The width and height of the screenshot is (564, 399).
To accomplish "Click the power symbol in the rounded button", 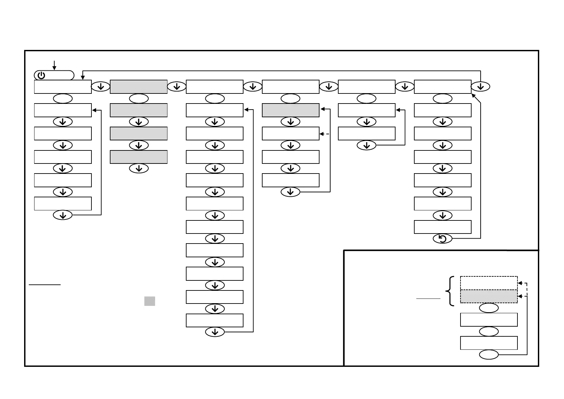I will (41, 75).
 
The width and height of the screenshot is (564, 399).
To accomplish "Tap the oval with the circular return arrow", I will (442, 239).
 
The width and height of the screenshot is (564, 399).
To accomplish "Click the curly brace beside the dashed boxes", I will (451, 291).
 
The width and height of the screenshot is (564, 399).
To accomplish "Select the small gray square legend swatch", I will (149, 301).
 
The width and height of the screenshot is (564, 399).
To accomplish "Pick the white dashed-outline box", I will (489, 283).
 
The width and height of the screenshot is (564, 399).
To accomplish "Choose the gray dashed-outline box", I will (489, 296).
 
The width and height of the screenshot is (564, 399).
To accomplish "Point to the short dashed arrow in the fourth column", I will (325, 134).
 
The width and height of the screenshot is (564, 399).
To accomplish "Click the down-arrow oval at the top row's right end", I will (480, 87).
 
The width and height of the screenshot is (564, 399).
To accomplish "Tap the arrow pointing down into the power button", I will (54, 65).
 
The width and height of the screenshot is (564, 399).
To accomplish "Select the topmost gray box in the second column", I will (139, 87).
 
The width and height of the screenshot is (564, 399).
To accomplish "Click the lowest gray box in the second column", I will (139, 157).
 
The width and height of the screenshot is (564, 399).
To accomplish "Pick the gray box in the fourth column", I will (290, 110).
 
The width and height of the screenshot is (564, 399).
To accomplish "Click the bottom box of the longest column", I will (214, 320).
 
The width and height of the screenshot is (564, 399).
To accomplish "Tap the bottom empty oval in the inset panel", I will (489, 355).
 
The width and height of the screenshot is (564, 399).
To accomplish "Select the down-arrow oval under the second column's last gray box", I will (139, 169).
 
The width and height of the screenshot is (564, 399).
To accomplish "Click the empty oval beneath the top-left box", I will (63, 98).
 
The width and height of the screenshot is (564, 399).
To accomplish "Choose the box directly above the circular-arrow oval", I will (442, 227).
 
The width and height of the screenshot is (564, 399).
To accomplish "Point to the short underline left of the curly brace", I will (428, 298).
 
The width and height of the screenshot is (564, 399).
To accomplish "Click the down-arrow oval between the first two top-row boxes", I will (100, 87).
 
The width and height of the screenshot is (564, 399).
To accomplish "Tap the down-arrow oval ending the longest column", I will (215, 332).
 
